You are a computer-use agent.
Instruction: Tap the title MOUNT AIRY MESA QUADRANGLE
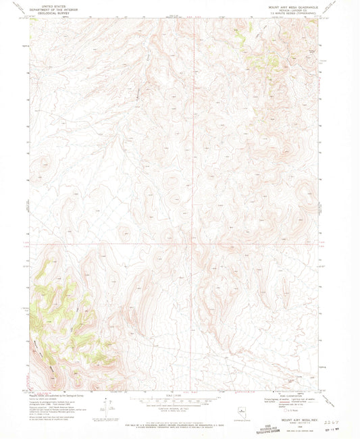pos(296,5)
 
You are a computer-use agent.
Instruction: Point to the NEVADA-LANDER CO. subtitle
pos(296,9)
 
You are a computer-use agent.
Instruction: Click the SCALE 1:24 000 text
pos(179,396)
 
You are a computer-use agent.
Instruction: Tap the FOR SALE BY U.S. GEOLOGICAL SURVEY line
pos(179,423)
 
